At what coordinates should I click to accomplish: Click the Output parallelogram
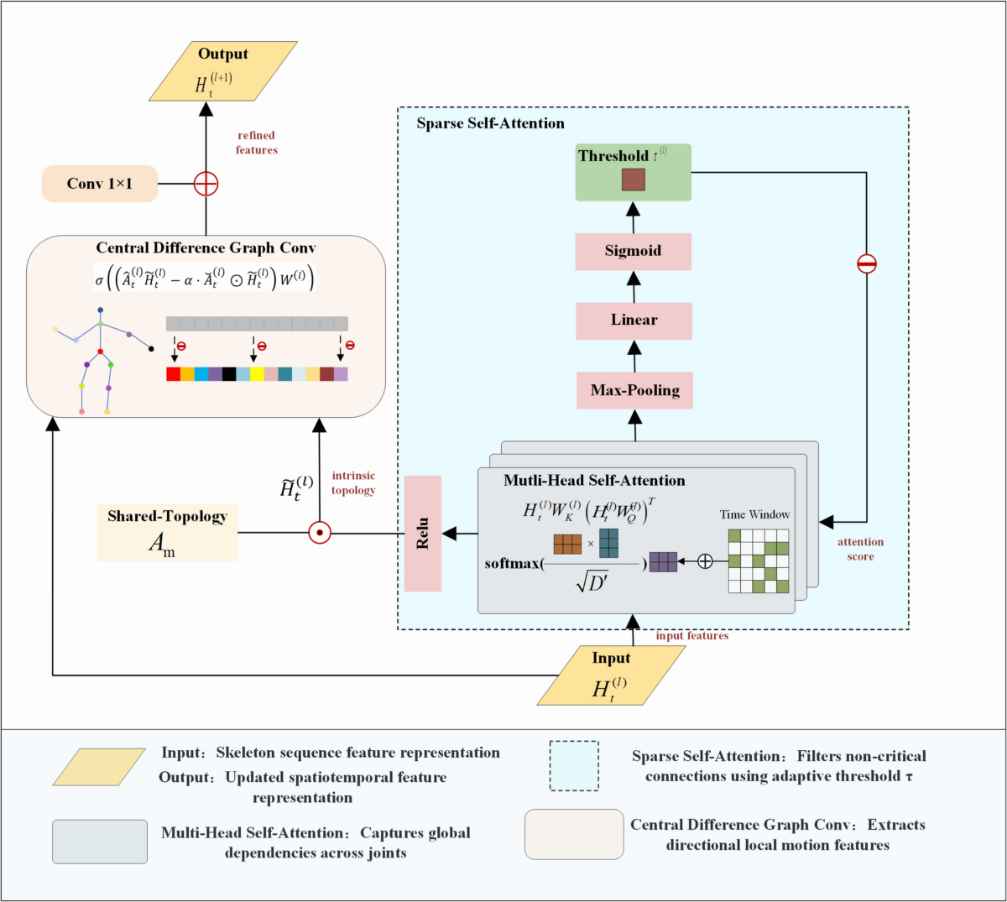coord(223,71)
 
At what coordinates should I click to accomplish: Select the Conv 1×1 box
coord(100,184)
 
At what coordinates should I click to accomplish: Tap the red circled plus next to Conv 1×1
coord(206,184)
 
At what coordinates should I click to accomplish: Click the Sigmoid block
coord(634,252)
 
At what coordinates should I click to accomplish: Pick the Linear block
coord(634,321)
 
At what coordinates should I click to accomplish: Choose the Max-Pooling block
coord(634,390)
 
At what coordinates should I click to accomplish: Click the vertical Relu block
coord(423,534)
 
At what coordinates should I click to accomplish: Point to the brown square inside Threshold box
coord(634,180)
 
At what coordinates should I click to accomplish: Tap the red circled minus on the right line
coord(867,264)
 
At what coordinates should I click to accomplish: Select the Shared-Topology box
coord(168,532)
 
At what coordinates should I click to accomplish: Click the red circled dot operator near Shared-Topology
coord(320,532)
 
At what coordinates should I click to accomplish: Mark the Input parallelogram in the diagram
coord(611,675)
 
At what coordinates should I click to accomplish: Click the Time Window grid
coord(759,560)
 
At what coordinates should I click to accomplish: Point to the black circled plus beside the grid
coord(705,561)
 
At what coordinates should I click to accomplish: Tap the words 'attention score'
coord(860,549)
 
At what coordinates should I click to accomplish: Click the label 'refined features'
coord(257,143)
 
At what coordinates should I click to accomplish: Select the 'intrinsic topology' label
coord(353,483)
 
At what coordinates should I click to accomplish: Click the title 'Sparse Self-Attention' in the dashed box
coord(491,124)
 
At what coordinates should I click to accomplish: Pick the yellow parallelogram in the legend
coord(99,767)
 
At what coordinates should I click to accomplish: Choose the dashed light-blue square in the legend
coord(574,765)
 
